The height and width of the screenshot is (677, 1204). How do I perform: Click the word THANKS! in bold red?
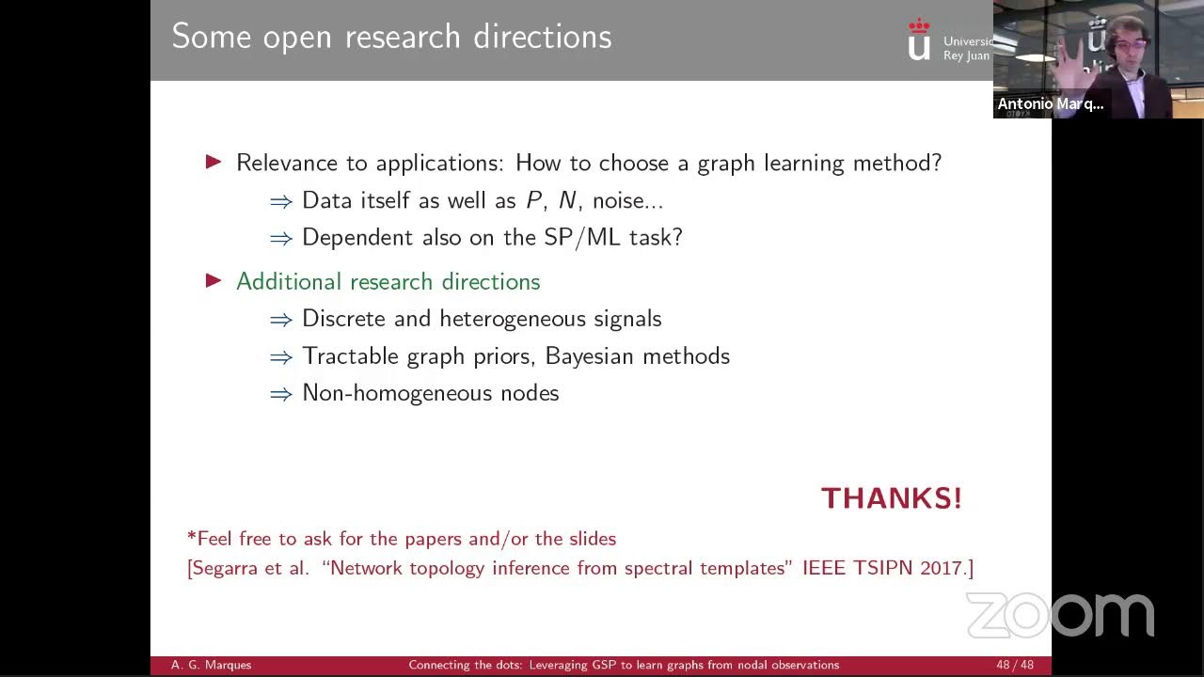point(891,498)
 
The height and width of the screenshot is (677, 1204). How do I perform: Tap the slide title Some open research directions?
point(391,37)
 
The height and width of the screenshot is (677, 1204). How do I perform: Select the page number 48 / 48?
point(1014,665)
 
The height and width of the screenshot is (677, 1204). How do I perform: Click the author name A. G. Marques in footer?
point(211,665)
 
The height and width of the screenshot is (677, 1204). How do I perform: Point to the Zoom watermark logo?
point(1060,615)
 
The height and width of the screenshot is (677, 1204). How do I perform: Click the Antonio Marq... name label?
point(1050,103)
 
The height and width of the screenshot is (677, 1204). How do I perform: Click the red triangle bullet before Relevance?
point(214,162)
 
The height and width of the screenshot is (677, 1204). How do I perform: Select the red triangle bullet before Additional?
point(214,280)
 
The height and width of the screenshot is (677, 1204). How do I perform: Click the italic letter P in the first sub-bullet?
point(533,200)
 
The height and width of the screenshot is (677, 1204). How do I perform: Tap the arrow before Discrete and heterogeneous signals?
point(280,320)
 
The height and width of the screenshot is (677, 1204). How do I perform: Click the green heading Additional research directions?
point(388,281)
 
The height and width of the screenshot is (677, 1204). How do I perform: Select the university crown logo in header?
point(919,39)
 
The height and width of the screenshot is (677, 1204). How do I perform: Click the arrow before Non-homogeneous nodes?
point(280,394)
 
